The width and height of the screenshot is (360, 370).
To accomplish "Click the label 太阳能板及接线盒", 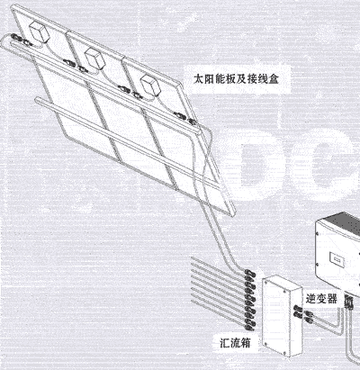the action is (x=236, y=79).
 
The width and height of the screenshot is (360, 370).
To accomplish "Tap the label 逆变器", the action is (x=321, y=299).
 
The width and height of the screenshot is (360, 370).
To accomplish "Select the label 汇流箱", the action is (x=235, y=343).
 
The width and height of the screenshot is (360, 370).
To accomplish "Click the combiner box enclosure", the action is (x=282, y=316).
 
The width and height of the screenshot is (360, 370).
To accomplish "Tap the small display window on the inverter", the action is (x=337, y=257).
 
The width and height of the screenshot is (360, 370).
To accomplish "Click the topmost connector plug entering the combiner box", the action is (x=250, y=274).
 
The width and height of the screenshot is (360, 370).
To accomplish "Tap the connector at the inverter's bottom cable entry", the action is (x=349, y=302).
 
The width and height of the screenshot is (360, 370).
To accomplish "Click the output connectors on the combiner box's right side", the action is (x=303, y=313).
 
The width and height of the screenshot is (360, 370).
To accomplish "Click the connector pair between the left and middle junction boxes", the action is (x=75, y=66).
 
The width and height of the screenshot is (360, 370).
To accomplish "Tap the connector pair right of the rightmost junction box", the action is (x=185, y=118).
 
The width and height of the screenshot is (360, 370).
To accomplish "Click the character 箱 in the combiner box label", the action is (x=245, y=343).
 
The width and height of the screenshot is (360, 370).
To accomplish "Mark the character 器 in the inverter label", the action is (x=332, y=299).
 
